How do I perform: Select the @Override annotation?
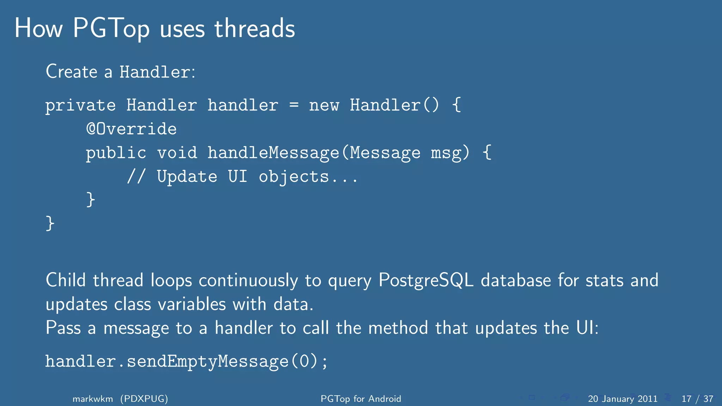(131, 129)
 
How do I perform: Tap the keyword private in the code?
(80, 106)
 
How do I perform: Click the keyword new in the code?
(324, 106)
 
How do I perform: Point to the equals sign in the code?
(294, 105)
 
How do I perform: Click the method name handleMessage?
(273, 153)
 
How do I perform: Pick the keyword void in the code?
(177, 153)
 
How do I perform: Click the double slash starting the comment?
(136, 176)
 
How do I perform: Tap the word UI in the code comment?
(238, 176)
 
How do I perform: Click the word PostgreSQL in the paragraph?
(426, 281)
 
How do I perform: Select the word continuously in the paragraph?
(248, 281)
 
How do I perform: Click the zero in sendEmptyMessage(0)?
(304, 361)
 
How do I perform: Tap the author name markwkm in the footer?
(93, 399)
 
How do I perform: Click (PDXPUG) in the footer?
(144, 399)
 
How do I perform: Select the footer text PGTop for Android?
(361, 399)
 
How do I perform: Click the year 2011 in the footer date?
(648, 399)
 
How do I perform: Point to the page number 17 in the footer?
(686, 399)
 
